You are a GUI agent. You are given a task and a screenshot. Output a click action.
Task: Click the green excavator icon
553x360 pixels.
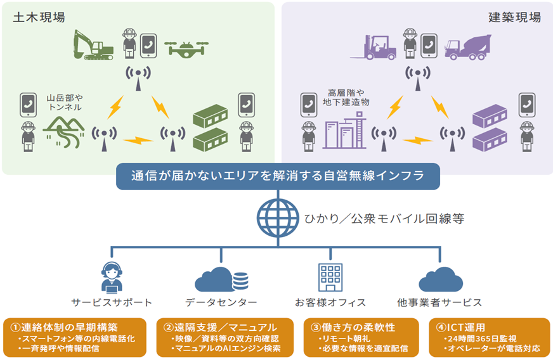(93, 45)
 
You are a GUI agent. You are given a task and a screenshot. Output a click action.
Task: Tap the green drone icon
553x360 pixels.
(186, 48)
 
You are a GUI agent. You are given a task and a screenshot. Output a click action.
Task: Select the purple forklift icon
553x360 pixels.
(373, 48)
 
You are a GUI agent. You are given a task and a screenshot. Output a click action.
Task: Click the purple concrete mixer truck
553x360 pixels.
(468, 48)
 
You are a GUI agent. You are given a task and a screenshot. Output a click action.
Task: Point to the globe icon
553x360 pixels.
(278, 218)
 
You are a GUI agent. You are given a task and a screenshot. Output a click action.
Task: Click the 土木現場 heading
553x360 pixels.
(39, 17)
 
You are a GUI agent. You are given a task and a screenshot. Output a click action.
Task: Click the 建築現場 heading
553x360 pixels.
(514, 17)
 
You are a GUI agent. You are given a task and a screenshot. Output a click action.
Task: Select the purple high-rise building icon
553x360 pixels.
(344, 130)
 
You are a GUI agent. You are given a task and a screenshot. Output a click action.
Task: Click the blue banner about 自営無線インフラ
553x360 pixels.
(278, 176)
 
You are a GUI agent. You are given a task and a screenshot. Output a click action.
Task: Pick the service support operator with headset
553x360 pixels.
(112, 278)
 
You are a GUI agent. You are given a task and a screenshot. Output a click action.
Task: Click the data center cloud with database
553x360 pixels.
(221, 280)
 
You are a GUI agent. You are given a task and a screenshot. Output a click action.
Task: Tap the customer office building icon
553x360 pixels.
(330, 278)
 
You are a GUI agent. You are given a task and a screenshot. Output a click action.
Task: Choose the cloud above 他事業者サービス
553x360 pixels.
(441, 280)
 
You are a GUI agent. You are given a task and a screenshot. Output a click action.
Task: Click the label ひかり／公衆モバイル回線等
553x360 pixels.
(384, 219)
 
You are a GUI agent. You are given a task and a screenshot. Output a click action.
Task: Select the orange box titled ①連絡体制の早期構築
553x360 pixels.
(74, 337)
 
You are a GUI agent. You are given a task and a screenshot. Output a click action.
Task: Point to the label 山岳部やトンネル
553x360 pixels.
(65, 102)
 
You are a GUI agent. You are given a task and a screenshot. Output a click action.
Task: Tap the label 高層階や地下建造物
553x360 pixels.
(346, 98)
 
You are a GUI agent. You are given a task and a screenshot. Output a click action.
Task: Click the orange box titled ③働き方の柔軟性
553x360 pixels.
(361, 337)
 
